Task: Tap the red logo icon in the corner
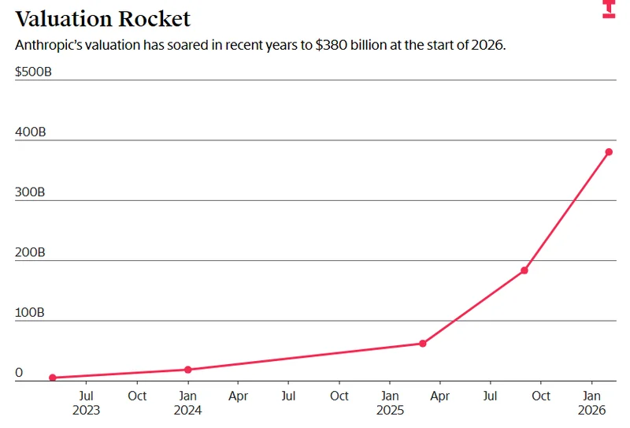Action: point(608,9)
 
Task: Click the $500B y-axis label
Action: point(33,72)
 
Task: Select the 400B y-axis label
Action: point(31,132)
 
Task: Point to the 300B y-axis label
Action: point(31,192)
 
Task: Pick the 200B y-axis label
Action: point(31,252)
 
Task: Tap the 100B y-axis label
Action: point(31,313)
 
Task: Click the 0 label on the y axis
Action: point(19,373)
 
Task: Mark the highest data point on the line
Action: point(609,152)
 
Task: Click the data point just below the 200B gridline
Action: point(524,270)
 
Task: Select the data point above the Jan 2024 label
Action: point(187,370)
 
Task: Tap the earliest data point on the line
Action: point(53,378)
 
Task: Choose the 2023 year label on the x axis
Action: point(87,410)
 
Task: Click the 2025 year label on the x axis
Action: point(390,410)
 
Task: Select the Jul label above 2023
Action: point(87,396)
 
